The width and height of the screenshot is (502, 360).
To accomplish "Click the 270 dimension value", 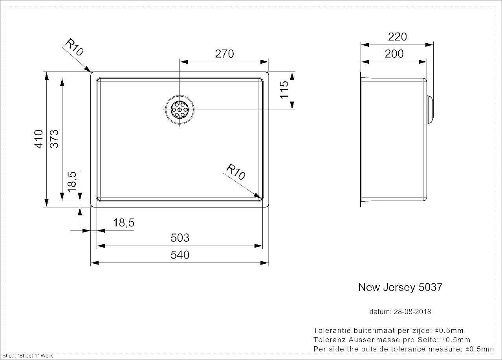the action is coord(224,54).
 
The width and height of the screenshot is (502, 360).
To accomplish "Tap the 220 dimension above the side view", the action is coord(398,37).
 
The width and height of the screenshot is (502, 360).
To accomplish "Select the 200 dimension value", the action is coord(394,54).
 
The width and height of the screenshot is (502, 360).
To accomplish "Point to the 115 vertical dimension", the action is coord(284,90).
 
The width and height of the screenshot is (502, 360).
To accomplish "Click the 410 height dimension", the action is coord(38,139).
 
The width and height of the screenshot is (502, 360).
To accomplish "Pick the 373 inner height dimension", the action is coord(54,139).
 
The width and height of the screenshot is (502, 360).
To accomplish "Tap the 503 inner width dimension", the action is coord(180,238).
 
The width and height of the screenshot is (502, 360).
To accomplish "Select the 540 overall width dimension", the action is coord(180,255).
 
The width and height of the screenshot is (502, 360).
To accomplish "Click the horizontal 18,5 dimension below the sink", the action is coord(124,223).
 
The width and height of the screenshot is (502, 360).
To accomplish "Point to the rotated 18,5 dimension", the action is coord(72,182).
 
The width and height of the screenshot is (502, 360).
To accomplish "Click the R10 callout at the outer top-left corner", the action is coord(74,47).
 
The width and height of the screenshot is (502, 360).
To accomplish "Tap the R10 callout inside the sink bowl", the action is coord(236,172).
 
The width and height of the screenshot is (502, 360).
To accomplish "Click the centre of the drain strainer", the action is coord(180,110).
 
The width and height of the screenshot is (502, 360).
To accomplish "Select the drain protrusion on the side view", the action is coord(430,110).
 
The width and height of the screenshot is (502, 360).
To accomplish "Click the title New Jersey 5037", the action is coord(401,287).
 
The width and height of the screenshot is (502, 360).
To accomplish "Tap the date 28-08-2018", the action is coord(412,312).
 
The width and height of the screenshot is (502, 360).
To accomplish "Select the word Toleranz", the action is coord(330,340).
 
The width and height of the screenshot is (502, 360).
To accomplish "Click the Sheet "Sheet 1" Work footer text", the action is coord(27,356).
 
